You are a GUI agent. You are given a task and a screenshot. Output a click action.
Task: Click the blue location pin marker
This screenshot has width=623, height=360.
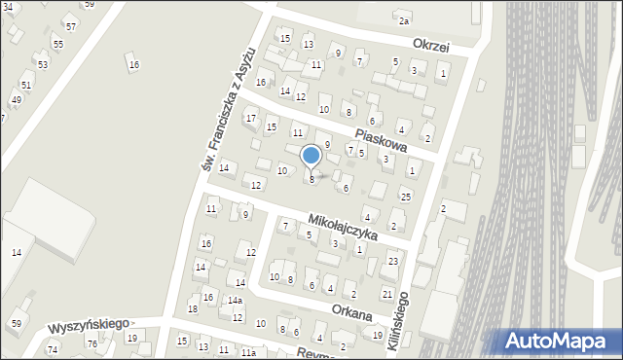point(311,157)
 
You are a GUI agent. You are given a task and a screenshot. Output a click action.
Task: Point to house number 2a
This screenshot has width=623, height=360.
point(403,20)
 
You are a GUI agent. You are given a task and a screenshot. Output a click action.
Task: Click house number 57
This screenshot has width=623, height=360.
point(71,25)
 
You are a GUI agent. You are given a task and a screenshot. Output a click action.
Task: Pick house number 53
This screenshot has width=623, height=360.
point(43,64)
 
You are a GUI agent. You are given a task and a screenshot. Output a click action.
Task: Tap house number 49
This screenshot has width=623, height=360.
point(16,100)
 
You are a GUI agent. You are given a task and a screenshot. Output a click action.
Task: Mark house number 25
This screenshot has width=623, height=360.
point(406,197)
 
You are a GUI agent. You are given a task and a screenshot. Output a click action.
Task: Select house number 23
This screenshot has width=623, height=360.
point(393,262)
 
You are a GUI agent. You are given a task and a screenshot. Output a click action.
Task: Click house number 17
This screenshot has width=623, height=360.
point(251,119)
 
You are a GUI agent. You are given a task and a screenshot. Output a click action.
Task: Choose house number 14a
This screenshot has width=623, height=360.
point(235,301)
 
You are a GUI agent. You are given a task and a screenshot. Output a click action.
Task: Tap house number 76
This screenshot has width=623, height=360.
point(92,343)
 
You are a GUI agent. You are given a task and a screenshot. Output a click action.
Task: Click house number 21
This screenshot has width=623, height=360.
point(386,294)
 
